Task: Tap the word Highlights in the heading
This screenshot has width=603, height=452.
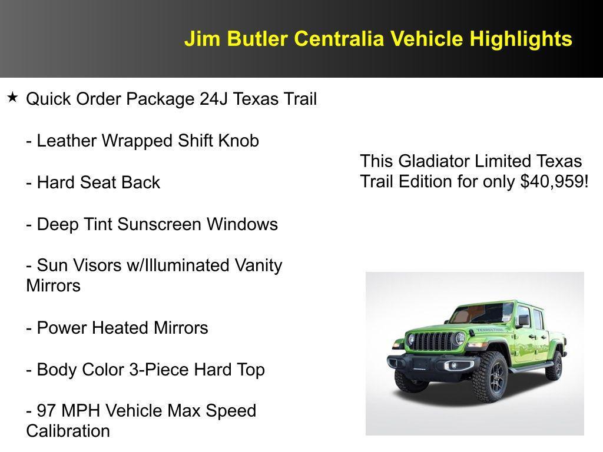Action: coord(521,39)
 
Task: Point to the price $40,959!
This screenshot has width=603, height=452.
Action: coord(554,181)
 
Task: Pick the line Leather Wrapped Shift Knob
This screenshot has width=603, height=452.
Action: coord(143,141)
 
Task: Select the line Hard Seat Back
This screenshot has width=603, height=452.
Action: coord(93,182)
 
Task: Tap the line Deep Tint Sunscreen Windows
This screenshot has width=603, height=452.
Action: coord(152,224)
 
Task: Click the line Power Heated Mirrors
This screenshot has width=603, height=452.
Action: coord(117,328)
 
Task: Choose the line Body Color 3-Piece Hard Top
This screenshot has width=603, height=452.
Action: coord(145,370)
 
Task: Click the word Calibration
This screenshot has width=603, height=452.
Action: coord(68,431)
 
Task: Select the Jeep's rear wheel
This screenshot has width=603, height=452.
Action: coord(554,365)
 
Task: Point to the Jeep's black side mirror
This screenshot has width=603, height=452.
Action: coord(523,320)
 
